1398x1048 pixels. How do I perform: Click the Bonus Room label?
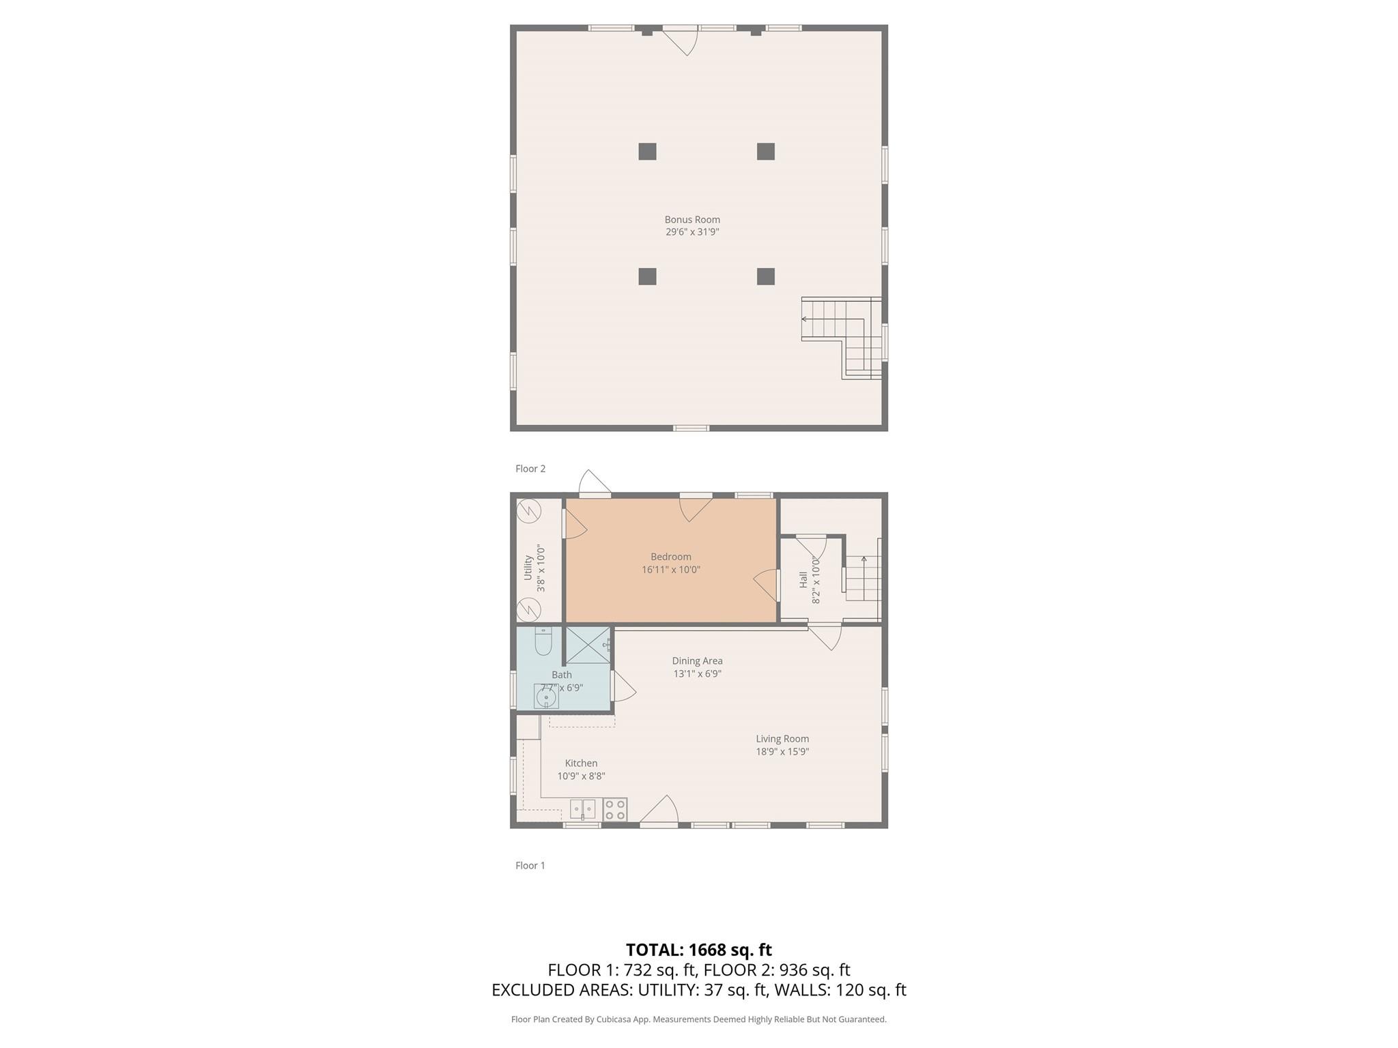point(692,220)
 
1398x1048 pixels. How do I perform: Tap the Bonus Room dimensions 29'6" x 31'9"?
point(692,232)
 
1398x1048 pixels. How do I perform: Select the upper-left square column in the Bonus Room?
point(647,151)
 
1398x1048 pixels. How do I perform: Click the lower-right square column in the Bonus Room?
point(765,276)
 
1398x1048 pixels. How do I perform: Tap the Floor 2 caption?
point(530,469)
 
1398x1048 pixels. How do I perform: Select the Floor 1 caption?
point(530,865)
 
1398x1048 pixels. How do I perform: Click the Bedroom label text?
point(670,557)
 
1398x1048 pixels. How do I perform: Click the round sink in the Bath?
point(546,698)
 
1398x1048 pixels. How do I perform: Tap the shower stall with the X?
point(588,645)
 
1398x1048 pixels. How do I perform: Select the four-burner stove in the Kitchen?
point(615,810)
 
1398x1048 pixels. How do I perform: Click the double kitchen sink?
point(582,809)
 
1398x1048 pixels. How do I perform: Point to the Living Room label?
point(782,739)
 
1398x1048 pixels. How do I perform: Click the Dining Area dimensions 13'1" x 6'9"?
point(697,673)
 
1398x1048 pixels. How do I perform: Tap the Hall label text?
point(803,579)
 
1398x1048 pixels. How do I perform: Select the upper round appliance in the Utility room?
point(529,510)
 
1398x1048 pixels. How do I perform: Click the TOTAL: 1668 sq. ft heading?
point(698,950)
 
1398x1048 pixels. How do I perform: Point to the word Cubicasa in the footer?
point(613,1019)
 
